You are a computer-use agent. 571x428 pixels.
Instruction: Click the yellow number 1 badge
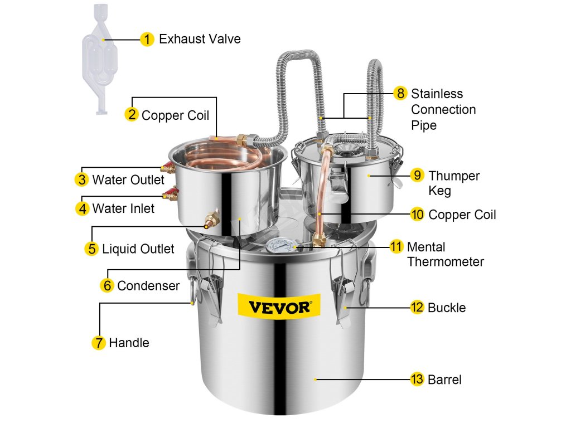[147, 39]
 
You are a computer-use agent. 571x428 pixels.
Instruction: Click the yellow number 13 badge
[417, 380]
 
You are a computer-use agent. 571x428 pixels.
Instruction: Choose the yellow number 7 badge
[99, 343]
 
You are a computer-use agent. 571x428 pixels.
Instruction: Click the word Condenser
[148, 286]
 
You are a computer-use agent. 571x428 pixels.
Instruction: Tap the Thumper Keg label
[453, 183]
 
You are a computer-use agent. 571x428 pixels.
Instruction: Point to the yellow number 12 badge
[417, 307]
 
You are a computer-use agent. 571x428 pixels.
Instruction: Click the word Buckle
[446, 307]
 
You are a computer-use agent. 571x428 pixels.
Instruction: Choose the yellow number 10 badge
[417, 214]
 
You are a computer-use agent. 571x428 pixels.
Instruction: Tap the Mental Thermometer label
[445, 254]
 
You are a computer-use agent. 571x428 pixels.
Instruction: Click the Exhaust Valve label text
[200, 39]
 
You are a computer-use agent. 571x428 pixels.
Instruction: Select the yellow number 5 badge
[92, 249]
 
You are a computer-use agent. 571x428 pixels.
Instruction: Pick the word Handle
[129, 343]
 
